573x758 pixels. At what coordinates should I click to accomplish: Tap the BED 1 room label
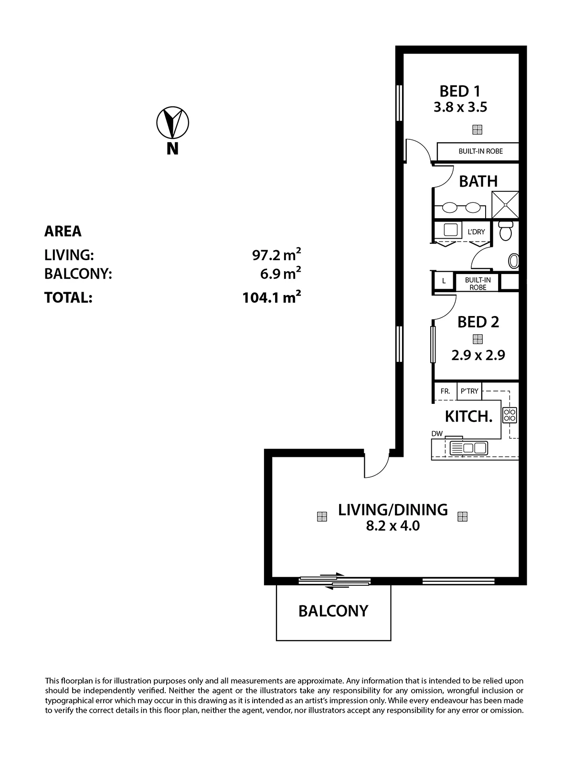(x=460, y=92)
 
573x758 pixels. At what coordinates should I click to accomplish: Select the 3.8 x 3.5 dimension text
(x=460, y=107)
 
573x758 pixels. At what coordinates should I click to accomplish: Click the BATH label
(x=478, y=181)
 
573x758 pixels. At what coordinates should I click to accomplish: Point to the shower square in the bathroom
(x=505, y=205)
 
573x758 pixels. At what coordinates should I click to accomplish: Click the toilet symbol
(x=505, y=231)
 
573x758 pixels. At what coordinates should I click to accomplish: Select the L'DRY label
(x=476, y=232)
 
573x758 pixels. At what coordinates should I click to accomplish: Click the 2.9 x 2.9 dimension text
(x=478, y=355)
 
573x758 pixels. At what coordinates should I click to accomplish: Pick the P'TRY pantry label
(x=469, y=391)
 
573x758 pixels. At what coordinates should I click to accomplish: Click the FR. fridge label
(x=445, y=391)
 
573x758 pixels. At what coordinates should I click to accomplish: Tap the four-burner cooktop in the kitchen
(x=510, y=415)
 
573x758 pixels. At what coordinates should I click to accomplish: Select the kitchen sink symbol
(x=469, y=448)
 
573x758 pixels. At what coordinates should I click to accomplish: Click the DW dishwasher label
(x=437, y=434)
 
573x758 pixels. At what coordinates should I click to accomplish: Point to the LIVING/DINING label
(x=393, y=510)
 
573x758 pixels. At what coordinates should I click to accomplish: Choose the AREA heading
(x=63, y=231)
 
